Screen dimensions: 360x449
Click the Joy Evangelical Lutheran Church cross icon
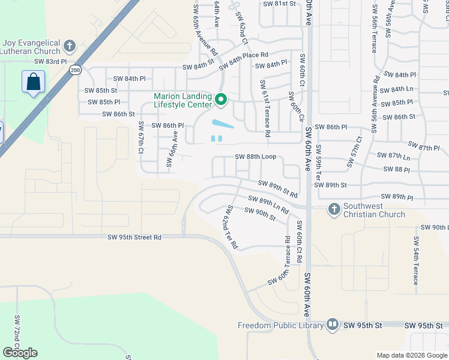70,45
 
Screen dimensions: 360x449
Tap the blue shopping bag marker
33,82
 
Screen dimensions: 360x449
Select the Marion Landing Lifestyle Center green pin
221,100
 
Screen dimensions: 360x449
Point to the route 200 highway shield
75,70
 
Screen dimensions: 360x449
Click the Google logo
20,353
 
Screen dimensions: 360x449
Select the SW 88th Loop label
255,157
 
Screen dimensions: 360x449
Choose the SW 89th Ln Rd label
268,205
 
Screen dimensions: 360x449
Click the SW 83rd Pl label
51,61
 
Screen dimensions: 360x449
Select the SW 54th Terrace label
415,260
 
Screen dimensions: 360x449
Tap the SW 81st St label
280,4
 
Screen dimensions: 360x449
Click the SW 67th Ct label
141,137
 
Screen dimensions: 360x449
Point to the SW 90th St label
260,214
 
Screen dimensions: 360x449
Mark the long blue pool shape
223,124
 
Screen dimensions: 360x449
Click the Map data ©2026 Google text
412,355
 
